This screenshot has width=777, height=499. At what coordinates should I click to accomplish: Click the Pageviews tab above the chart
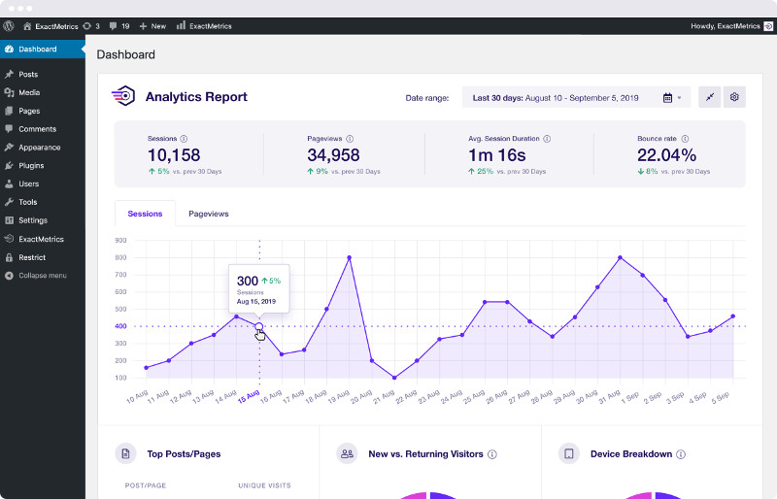[x=209, y=214]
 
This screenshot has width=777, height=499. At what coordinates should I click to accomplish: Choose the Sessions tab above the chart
[x=145, y=214]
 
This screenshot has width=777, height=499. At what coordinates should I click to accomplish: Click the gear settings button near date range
[x=735, y=97]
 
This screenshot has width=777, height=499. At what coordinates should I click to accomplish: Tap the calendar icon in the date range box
[x=668, y=98]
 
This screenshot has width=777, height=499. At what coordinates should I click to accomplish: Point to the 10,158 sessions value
[x=174, y=155]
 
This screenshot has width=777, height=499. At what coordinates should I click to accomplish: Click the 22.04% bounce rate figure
[x=666, y=155]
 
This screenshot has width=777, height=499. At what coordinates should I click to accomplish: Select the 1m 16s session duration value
[x=496, y=155]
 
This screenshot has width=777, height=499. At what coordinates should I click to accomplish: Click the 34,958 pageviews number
[x=333, y=155]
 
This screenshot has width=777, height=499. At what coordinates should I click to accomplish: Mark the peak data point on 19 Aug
[x=349, y=257]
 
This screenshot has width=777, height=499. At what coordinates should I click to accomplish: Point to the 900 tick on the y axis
[x=121, y=240]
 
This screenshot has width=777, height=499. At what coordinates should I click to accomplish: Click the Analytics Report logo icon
[x=124, y=97]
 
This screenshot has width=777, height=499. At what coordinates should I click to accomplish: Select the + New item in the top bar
[x=152, y=26]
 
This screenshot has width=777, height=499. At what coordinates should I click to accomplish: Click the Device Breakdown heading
[x=630, y=454]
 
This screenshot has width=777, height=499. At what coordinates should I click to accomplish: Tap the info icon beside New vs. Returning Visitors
[x=492, y=454]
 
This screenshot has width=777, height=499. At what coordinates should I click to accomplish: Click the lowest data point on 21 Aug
[x=394, y=378]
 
